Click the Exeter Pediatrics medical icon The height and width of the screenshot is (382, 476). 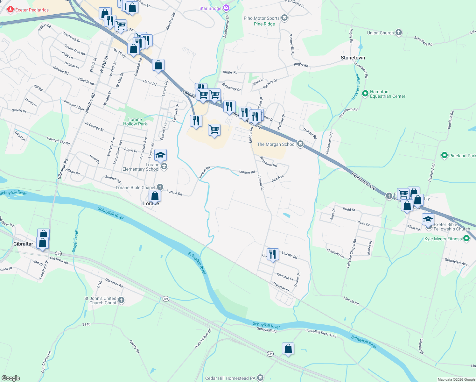[10, 10]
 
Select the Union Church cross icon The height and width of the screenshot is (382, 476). [399, 32]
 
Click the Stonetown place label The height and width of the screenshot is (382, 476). [353, 58]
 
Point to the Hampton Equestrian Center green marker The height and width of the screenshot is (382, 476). [365, 94]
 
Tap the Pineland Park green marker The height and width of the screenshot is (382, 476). [444, 155]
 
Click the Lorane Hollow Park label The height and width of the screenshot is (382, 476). [135, 122]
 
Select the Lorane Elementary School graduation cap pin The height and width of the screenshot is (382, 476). [160, 155]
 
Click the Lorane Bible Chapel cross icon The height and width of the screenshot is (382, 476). [160, 187]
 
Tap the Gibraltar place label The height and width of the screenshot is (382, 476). [23, 244]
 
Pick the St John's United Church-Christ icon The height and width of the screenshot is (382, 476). [121, 300]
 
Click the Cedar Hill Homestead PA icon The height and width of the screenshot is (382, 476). [260, 378]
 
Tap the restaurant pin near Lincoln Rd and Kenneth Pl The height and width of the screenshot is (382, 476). [272, 254]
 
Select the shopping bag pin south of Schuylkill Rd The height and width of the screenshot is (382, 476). [288, 349]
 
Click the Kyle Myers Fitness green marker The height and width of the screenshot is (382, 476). [466, 238]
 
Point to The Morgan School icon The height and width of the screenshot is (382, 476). [300, 144]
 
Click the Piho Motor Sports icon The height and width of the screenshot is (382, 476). [284, 18]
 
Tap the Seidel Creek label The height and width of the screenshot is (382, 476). [75, 241]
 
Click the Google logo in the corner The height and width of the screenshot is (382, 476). [10, 378]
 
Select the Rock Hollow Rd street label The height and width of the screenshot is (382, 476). [203, 338]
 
